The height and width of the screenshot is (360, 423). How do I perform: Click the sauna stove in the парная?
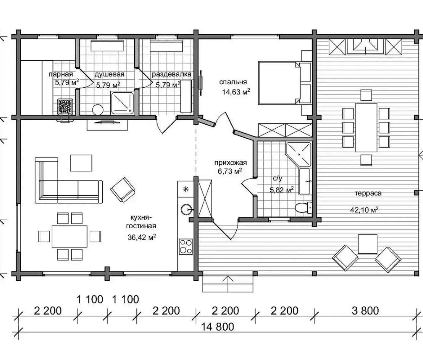(x=65, y=106)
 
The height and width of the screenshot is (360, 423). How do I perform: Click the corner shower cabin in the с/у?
(x=298, y=155)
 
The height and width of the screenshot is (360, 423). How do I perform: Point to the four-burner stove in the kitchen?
(x=185, y=247)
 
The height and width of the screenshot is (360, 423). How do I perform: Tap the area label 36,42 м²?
(x=142, y=237)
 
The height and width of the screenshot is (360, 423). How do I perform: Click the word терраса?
(x=368, y=193)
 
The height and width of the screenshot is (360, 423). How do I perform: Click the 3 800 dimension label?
(x=365, y=311)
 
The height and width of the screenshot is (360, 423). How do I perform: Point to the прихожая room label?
(x=230, y=163)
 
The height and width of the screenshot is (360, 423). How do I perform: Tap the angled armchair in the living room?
(x=123, y=190)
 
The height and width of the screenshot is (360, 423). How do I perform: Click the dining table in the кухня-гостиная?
(x=70, y=236)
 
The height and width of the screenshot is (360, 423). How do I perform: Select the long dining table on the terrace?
(x=366, y=128)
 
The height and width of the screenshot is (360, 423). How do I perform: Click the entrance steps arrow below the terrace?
(x=228, y=284)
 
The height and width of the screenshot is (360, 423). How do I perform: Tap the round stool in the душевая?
(x=98, y=110)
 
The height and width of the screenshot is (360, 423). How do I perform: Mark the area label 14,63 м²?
(x=236, y=92)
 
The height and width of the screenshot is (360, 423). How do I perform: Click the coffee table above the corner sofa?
(x=81, y=163)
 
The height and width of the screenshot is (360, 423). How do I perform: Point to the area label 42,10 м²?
(x=364, y=210)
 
